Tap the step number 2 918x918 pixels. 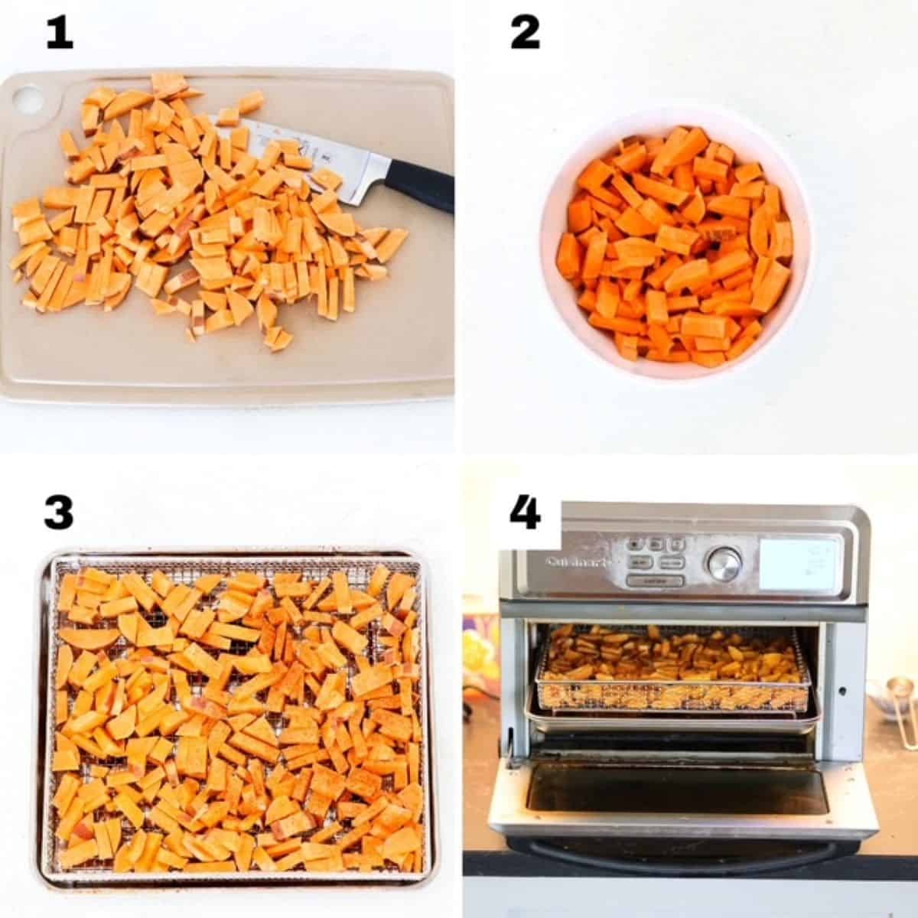[x=525, y=34]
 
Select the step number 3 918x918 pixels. [x=59, y=513]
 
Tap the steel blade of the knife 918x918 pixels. [x=337, y=164]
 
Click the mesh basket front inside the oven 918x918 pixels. [x=673, y=688]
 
